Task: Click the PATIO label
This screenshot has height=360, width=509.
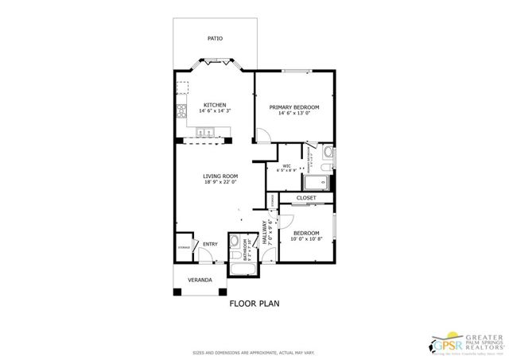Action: [x=215, y=38]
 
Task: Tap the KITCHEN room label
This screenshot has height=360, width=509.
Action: [x=215, y=105]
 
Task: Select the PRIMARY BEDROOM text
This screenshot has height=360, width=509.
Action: [x=293, y=107]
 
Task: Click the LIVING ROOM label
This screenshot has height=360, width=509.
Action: [x=220, y=176]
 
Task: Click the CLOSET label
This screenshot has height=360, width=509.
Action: [x=306, y=197]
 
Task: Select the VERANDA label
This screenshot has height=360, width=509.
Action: [x=200, y=280]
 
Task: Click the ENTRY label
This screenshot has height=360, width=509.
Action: [x=210, y=244]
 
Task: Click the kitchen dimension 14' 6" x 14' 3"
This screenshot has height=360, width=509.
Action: [x=215, y=112]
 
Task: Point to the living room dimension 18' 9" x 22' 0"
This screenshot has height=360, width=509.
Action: [x=220, y=184]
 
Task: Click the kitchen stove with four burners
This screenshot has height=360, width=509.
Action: [x=181, y=110]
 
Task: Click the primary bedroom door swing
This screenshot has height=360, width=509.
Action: [x=260, y=137]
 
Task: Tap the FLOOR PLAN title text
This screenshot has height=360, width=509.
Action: [x=254, y=304]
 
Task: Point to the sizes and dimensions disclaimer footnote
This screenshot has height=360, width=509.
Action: [x=254, y=351]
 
